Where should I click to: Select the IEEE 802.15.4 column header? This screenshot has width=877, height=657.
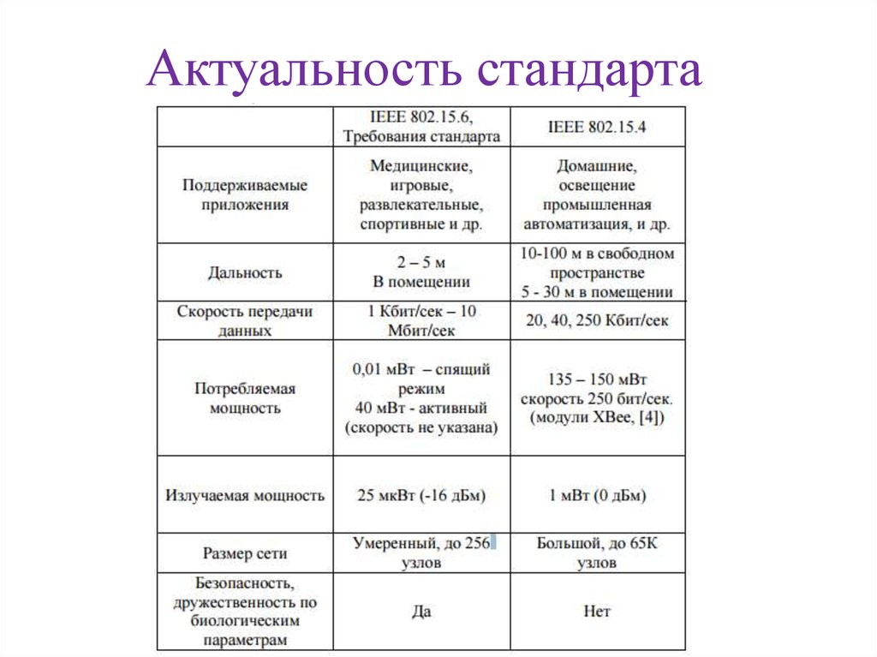pos(597,126)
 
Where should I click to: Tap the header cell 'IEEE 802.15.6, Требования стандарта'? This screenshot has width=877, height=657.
pos(421,126)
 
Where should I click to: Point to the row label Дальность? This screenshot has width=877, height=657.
pos(245,273)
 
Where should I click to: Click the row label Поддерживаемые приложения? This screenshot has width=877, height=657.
pos(245,194)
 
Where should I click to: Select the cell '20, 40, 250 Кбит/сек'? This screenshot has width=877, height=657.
pos(597,320)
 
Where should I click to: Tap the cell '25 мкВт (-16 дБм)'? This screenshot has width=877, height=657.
pos(421,495)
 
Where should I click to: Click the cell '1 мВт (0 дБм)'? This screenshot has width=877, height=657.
pos(597,495)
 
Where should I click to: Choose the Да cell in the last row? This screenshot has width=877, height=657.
pos(421,612)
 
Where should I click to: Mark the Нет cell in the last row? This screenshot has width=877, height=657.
pos(597,612)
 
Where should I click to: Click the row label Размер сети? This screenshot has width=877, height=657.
pos(245,553)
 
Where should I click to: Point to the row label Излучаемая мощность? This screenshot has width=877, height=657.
pos(245,495)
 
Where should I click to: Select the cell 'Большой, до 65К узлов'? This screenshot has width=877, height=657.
pos(597,553)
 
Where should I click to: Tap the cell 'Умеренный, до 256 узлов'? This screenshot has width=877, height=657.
pos(421,553)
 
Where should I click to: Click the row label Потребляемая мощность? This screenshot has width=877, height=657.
pos(245,398)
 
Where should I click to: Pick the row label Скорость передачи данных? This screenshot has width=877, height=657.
pos(245,320)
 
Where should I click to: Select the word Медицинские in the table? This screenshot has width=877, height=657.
pos(421,164)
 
